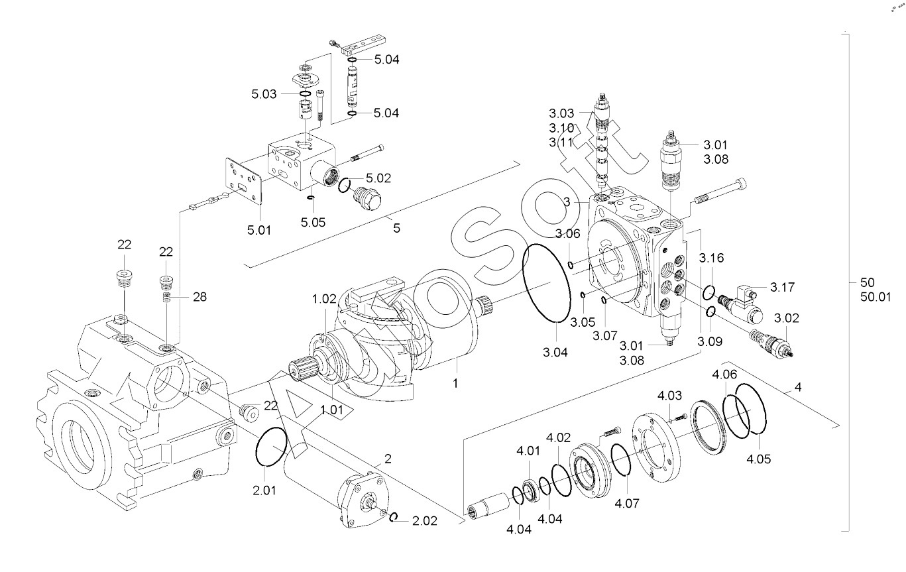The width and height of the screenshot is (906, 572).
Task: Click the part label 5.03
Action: coord(264,94)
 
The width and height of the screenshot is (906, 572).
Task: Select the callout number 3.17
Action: coord(782,287)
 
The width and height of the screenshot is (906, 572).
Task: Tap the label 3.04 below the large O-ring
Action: coord(555,353)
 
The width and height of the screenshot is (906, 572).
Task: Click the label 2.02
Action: coord(424,521)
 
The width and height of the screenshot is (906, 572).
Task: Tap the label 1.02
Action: coord(324,299)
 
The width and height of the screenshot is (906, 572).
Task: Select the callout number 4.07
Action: coord(626,503)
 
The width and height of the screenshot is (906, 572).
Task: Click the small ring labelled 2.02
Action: coord(394,517)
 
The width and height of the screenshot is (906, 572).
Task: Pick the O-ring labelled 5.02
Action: coord(345,185)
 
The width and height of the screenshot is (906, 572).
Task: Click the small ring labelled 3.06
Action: coord(571,265)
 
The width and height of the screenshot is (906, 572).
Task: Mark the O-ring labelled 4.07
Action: coord(621,460)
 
